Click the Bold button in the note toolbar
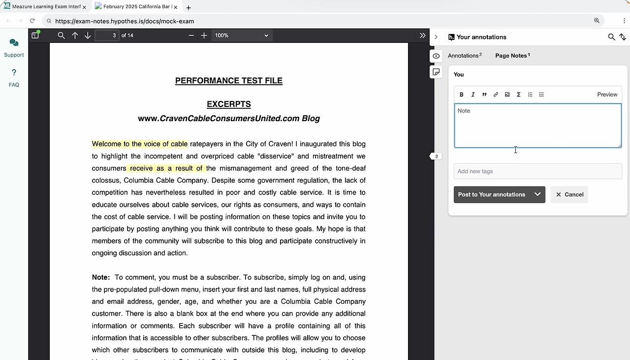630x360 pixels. tap(461, 95)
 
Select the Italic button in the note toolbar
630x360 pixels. tap(473, 95)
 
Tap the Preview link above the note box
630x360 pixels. tap(607, 95)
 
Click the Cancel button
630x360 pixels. tap(569, 195)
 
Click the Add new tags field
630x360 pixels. tap(537, 171)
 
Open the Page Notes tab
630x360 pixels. tap(512, 56)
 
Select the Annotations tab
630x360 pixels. tap(464, 56)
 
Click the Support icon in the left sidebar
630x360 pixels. tap(14, 43)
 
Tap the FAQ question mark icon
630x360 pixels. tap(14, 73)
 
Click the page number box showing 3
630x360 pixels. tap(107, 35)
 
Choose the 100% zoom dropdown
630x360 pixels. tap(241, 35)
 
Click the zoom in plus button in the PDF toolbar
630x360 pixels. tap(204, 35)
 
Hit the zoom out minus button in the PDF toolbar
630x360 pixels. tap(191, 35)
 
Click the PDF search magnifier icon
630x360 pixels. tap(61, 35)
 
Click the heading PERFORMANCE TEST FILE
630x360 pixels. tap(229, 81)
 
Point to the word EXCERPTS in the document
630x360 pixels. tap(229, 104)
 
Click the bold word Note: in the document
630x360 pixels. tap(101, 277)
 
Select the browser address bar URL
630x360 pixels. tap(125, 21)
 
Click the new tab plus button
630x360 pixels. tap(189, 7)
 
